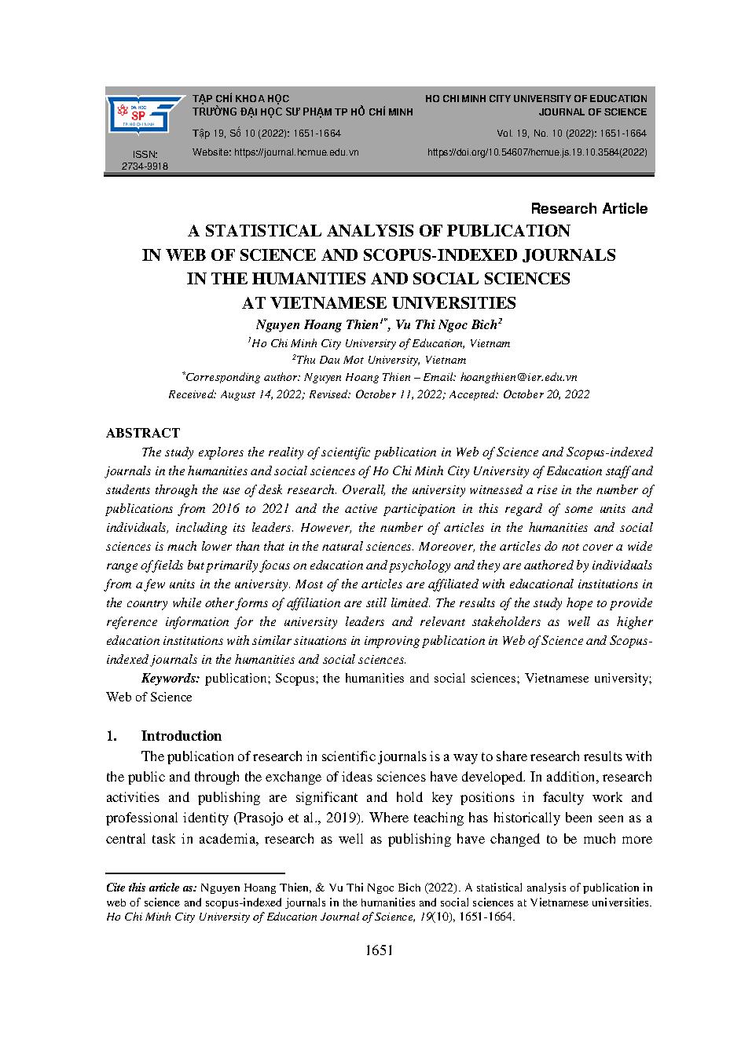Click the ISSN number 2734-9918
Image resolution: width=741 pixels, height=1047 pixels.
(145, 167)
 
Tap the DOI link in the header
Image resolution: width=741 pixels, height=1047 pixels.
(537, 152)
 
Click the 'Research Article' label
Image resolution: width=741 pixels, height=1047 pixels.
(589, 208)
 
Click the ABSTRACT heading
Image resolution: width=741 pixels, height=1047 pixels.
(142, 433)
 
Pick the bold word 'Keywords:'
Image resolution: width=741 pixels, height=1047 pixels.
(171, 678)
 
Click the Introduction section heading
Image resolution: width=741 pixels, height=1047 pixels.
(181, 736)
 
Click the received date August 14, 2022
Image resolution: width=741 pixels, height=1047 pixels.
(258, 394)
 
